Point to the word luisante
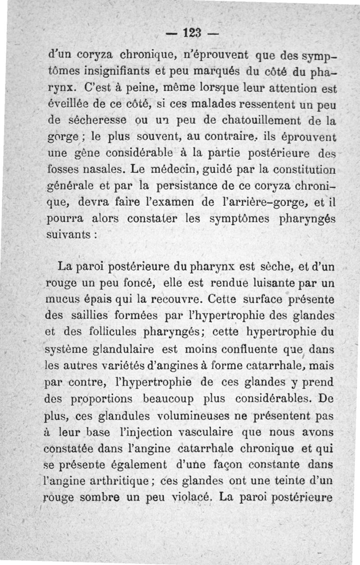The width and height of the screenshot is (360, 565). tap(271, 283)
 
